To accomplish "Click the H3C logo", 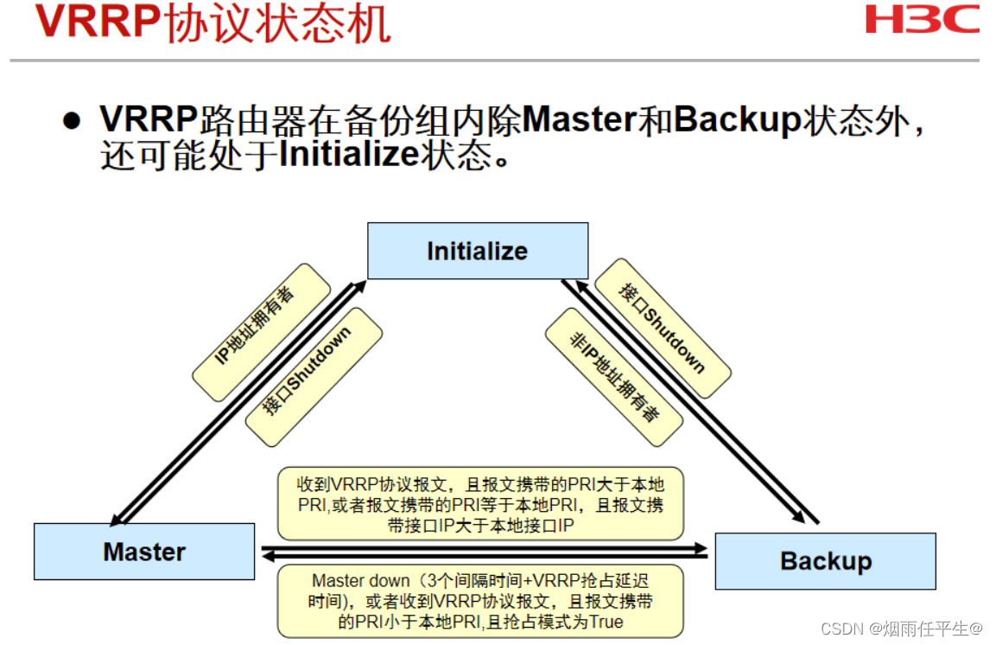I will pyautogui.click(x=922, y=19).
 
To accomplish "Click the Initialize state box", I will pyautogui.click(x=478, y=251).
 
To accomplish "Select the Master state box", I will pyautogui.click(x=144, y=552).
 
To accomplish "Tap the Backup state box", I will pyautogui.click(x=825, y=561).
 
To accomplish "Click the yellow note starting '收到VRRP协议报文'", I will pyautogui.click(x=480, y=504).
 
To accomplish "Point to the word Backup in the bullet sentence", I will pyautogui.click(x=737, y=120).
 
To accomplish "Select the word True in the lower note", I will pyautogui.click(x=605, y=622).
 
